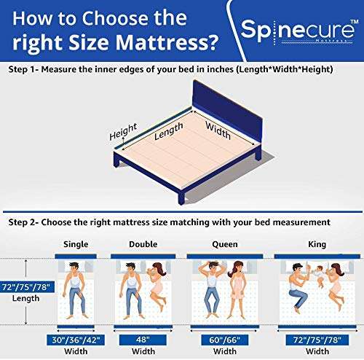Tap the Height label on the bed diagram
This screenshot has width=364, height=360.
click(123, 133)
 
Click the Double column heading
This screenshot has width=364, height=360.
click(141, 244)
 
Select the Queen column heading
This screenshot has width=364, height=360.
click(221, 244)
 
